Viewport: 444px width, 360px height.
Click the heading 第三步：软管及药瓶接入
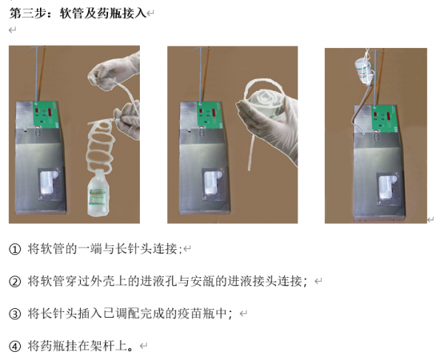pos(78,13)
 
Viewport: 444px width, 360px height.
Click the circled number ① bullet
pos(15,249)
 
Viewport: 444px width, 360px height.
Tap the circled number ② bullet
pos(15,282)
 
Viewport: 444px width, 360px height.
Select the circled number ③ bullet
pos(15,313)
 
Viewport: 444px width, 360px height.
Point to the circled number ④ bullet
pos(15,346)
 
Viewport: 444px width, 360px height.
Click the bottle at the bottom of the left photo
pos(98,193)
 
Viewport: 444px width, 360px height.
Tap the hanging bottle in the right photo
pos(364,70)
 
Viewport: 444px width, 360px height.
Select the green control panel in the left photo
pos(46,114)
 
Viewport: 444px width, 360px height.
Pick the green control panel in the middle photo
pos(210,115)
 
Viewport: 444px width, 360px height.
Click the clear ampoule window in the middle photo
pos(212,183)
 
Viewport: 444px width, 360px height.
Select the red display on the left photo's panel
pos(50,112)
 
